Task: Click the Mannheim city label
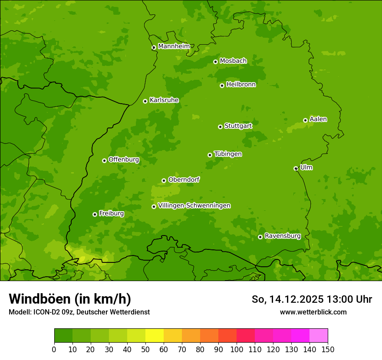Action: pyautogui.click(x=174, y=46)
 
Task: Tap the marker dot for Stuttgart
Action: pyautogui.click(x=220, y=127)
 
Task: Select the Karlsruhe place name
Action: pyautogui.click(x=164, y=100)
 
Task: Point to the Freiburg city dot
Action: pyautogui.click(x=95, y=214)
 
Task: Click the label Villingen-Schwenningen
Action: pyautogui.click(x=194, y=206)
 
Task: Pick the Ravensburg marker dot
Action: pyautogui.click(x=260, y=237)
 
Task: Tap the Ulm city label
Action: pyautogui.click(x=306, y=167)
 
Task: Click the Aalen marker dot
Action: pyautogui.click(x=305, y=120)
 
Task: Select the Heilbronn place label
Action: pyautogui.click(x=240, y=85)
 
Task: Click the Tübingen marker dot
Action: pyautogui.click(x=210, y=155)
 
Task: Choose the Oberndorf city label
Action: pyautogui.click(x=184, y=180)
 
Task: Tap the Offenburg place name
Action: pyautogui.click(x=123, y=160)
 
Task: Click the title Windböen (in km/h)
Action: pyautogui.click(x=70, y=299)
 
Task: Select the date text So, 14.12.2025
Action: pyautogui.click(x=287, y=299)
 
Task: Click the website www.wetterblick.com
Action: pyautogui.click(x=313, y=312)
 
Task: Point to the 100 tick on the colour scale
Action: pyautogui.click(x=237, y=349)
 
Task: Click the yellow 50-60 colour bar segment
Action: pyautogui.click(x=155, y=336)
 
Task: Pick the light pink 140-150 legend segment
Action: pyautogui.click(x=319, y=336)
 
